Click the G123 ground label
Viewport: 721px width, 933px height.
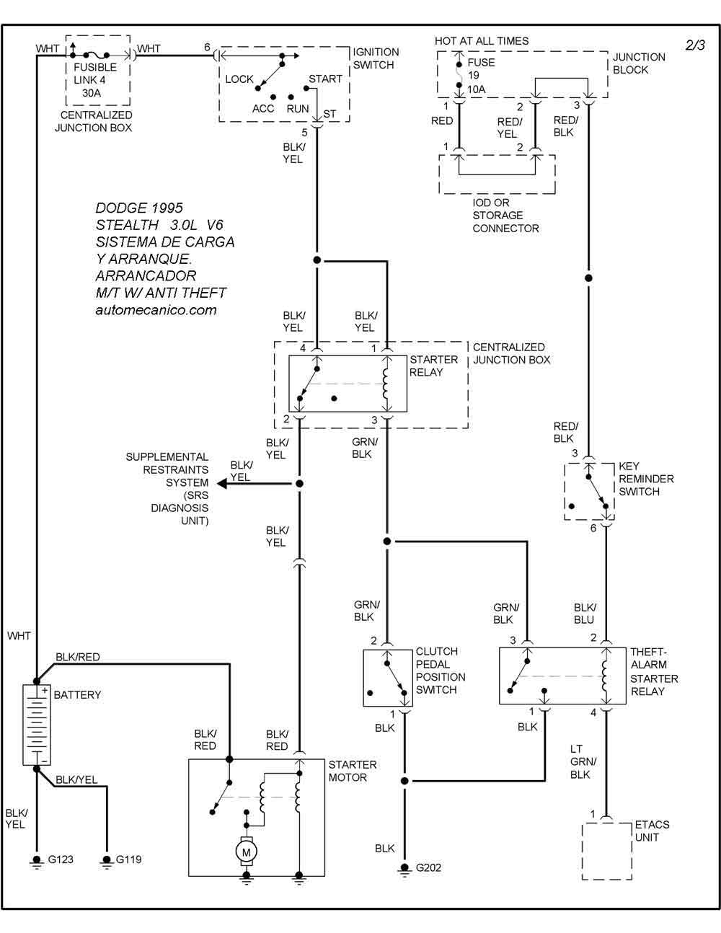61,859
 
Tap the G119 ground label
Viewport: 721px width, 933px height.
129,859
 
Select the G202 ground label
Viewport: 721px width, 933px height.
428,867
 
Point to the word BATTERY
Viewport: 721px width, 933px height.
77,695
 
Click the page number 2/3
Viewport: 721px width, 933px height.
695,45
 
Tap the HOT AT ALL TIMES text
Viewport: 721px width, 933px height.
482,41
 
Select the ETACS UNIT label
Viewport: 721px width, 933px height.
652,831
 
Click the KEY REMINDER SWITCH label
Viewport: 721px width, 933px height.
646,479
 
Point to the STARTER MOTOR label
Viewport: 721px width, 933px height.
353,771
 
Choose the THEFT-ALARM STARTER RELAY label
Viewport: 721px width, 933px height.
654,671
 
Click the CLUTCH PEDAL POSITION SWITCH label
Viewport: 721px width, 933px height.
441,671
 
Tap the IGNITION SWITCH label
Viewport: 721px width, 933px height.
376,58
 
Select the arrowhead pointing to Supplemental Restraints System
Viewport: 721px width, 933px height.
222,484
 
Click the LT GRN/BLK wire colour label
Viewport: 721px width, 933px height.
583,761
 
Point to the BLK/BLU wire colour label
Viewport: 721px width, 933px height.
585,614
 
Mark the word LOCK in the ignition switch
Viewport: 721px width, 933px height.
239,79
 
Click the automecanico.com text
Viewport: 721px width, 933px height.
156,310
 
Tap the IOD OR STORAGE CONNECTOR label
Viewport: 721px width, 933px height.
505,215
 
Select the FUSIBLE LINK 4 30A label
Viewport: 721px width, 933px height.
94,80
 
